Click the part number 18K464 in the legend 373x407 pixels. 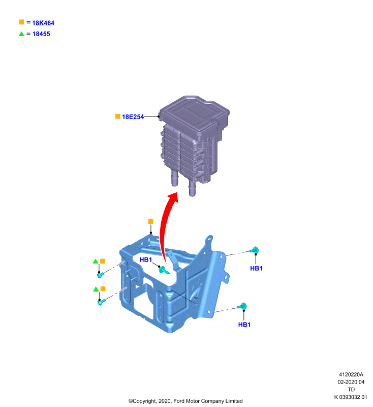click(x=43, y=23)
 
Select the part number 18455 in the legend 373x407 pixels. click(x=41, y=34)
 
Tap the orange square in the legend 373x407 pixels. click(x=21, y=22)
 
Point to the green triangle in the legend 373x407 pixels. click(x=21, y=34)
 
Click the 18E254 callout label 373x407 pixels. click(x=133, y=117)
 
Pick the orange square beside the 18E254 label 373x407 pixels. click(x=118, y=117)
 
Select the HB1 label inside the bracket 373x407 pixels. click(x=146, y=259)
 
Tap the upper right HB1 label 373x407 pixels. click(x=256, y=269)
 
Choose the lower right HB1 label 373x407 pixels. click(x=244, y=325)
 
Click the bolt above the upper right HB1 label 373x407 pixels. click(x=254, y=250)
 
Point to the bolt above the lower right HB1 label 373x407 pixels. click(x=242, y=306)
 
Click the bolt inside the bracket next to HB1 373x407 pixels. click(x=164, y=270)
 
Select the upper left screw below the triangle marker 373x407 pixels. click(x=100, y=275)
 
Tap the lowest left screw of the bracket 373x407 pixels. click(x=101, y=302)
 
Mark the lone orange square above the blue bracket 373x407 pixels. click(x=150, y=221)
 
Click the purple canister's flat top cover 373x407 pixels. click(x=194, y=111)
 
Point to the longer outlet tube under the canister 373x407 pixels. click(x=192, y=188)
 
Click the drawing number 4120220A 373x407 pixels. click(x=351, y=374)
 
